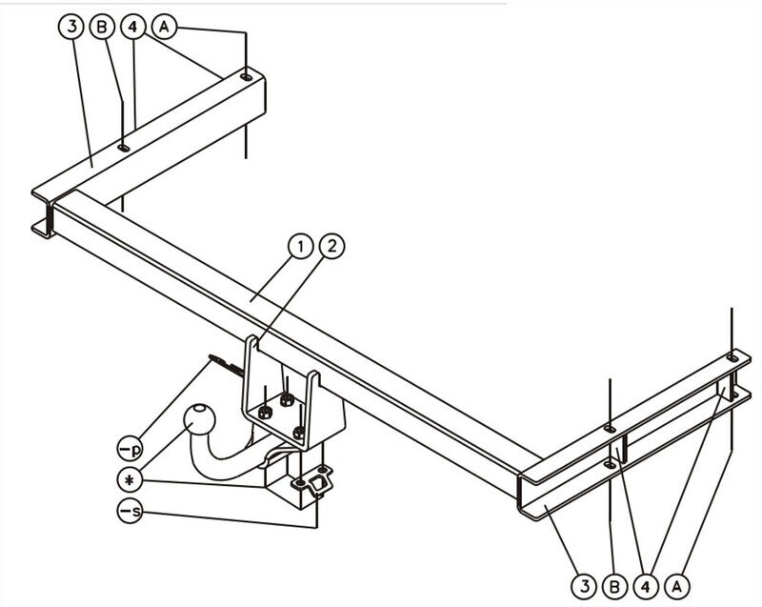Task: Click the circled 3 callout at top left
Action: [x=72, y=27]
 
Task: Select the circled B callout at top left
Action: [x=102, y=27]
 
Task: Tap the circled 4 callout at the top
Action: [x=132, y=27]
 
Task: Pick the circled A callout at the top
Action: [x=164, y=27]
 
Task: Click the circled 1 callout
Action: [x=301, y=247]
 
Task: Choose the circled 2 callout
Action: [x=331, y=247]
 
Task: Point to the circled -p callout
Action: [x=130, y=449]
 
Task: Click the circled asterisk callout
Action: [x=130, y=480]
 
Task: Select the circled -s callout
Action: [x=130, y=511]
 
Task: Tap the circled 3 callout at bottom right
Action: [x=584, y=587]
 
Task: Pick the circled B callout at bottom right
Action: [x=614, y=587]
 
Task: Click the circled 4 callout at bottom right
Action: [x=646, y=587]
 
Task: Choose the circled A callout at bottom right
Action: [x=677, y=587]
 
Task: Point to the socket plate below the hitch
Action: [x=311, y=481]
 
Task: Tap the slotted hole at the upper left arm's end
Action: [x=247, y=77]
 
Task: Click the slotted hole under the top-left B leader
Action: [x=124, y=148]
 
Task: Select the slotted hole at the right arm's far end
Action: [x=732, y=358]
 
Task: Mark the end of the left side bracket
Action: [x=44, y=213]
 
